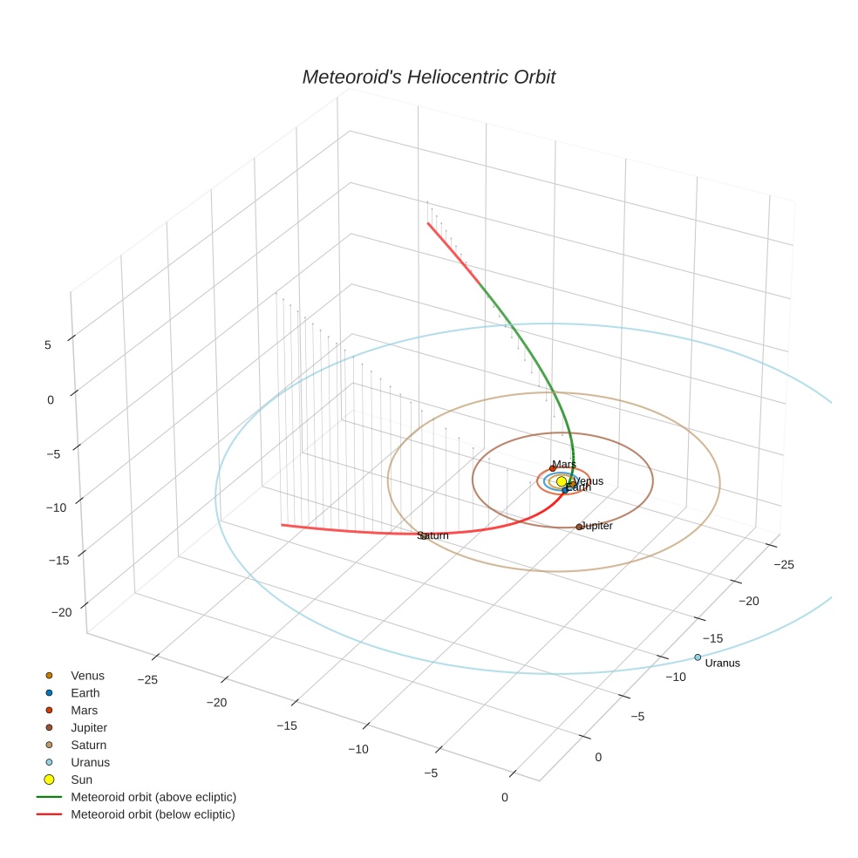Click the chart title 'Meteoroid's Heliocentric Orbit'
tap(428, 78)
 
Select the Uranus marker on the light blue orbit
tap(698, 657)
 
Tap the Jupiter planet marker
tap(579, 527)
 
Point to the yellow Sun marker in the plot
tap(562, 481)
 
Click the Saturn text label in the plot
tap(432, 535)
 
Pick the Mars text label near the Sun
tap(564, 465)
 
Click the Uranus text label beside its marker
tap(722, 664)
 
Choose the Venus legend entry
tap(87, 676)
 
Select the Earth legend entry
tap(85, 693)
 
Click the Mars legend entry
tap(84, 711)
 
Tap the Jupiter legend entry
tap(89, 728)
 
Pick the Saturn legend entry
tap(88, 746)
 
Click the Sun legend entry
tap(81, 780)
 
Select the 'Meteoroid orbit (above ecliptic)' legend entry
tap(153, 797)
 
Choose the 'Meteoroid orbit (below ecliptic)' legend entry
tap(153, 814)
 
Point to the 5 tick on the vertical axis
tap(48, 345)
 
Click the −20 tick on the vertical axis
tap(61, 613)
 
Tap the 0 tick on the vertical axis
tap(50, 400)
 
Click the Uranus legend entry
tap(90, 762)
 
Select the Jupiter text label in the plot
tap(597, 526)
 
